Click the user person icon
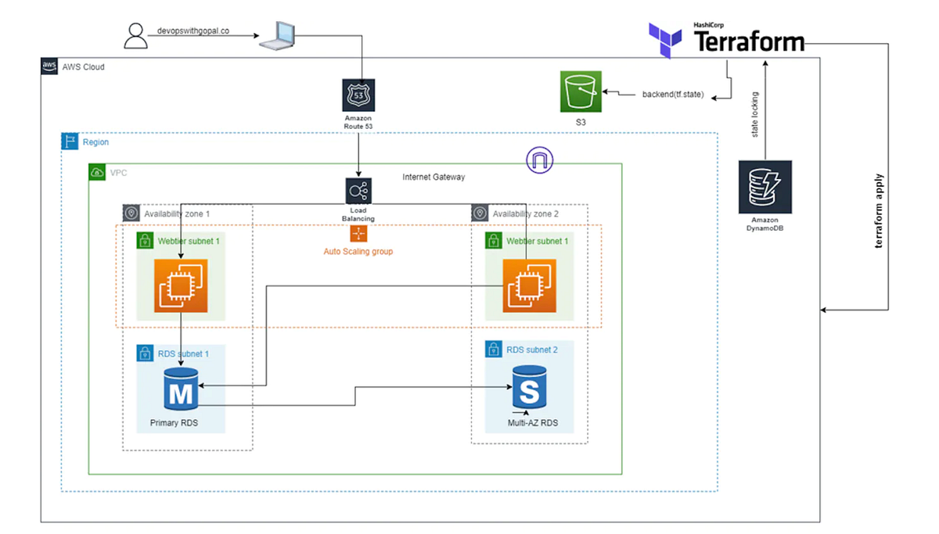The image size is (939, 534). tap(135, 34)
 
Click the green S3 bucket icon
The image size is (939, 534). tap(580, 91)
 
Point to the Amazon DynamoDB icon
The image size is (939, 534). tap(765, 187)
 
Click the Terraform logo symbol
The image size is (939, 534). tap(665, 41)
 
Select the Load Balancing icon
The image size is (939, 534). tap(358, 192)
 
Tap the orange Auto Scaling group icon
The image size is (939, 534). tap(358, 234)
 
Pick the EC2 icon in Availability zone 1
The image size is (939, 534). tap(180, 284)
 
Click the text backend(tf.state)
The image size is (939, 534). tap(673, 95)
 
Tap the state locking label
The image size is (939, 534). tap(755, 113)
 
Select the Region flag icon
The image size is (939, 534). tap(70, 142)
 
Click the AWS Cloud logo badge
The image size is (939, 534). tap(50, 66)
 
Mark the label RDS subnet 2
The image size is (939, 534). tap(532, 349)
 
